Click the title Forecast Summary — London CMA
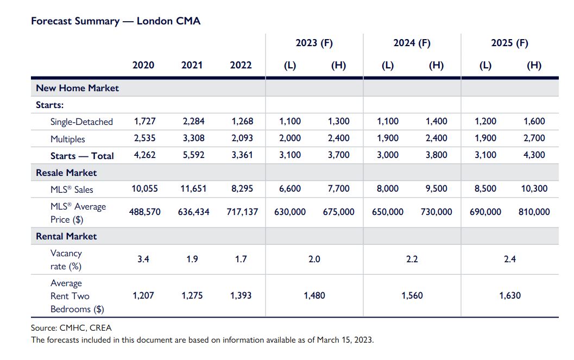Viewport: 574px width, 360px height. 116,21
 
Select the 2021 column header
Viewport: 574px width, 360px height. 192,65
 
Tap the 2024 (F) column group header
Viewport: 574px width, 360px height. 412,43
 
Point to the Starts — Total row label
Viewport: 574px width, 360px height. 82,156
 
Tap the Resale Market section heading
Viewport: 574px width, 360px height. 66,173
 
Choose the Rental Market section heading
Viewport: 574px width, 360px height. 66,236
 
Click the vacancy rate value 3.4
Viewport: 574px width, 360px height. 143,260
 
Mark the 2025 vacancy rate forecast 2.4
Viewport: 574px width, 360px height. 509,260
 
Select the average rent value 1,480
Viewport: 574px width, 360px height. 314,296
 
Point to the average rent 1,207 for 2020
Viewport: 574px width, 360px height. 143,296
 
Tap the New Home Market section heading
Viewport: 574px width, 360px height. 77,88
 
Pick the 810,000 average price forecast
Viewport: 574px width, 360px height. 534,212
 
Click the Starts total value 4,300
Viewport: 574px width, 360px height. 534,155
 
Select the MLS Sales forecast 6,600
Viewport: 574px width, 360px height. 290,189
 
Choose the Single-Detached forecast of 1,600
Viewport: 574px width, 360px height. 534,122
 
